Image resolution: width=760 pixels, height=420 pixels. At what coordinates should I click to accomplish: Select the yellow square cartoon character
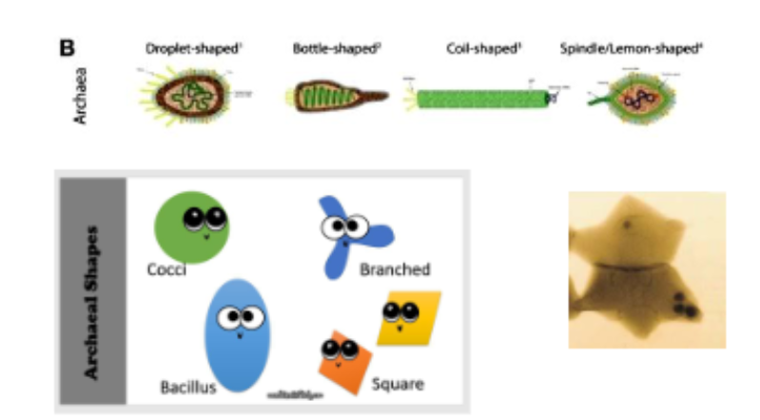click(407, 318)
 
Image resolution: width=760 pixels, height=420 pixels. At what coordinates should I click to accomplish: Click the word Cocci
click(166, 270)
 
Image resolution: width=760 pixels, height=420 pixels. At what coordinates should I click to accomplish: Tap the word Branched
click(395, 270)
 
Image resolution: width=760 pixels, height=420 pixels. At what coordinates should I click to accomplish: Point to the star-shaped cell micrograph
click(646, 269)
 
